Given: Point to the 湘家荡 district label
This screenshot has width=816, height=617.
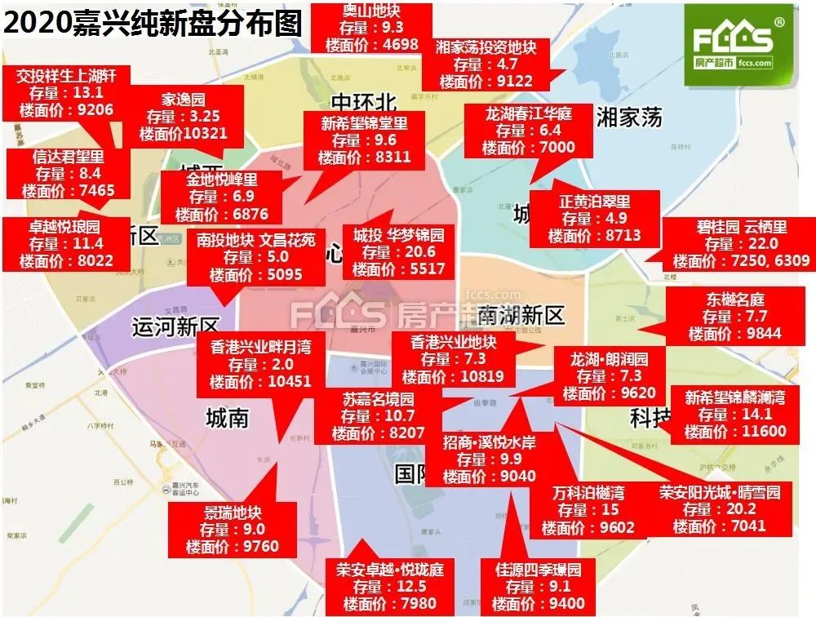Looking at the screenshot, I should (x=628, y=117).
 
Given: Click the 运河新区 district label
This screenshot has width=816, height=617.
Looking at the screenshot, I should (x=176, y=327).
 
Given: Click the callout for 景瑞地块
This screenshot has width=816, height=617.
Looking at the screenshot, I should (x=233, y=530).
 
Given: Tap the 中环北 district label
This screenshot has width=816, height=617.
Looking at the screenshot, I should (x=363, y=102).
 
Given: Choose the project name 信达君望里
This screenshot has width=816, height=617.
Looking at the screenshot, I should (x=69, y=156).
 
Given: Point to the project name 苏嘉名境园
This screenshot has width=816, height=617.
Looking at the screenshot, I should (x=378, y=399).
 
